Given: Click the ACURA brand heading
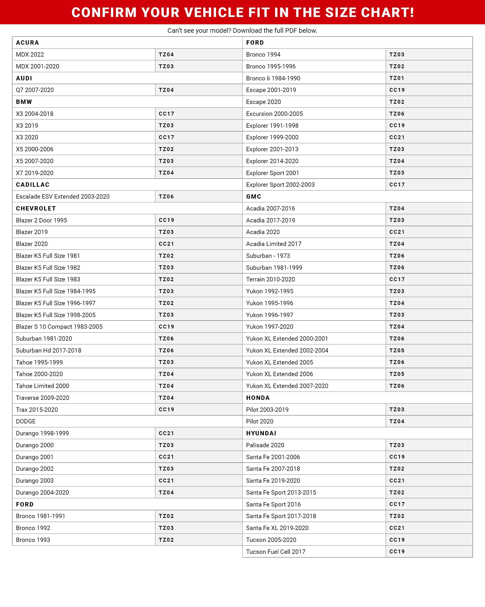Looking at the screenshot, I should tap(27, 42).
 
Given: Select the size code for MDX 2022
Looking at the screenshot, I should tap(166, 54).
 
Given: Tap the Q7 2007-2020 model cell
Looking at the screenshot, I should tap(35, 90).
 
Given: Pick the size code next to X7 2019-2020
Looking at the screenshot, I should tap(166, 173).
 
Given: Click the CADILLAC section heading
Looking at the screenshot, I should tap(32, 185).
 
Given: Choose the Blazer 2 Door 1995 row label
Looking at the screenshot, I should tap(41, 220).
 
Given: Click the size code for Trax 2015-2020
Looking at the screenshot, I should tap(166, 410).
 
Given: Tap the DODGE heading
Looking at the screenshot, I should tap(26, 422).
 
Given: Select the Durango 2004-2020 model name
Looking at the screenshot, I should tap(42, 492).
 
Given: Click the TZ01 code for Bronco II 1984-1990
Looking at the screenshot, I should tap(397, 78).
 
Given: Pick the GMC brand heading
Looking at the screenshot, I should tap(254, 196).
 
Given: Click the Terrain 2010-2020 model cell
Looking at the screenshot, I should tap(270, 279).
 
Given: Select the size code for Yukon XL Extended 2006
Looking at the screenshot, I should tap(397, 374).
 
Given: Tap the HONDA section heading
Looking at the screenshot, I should tap(258, 398).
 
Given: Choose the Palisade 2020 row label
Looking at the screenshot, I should tap(265, 445).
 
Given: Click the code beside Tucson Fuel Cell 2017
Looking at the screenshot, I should tap(397, 552).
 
